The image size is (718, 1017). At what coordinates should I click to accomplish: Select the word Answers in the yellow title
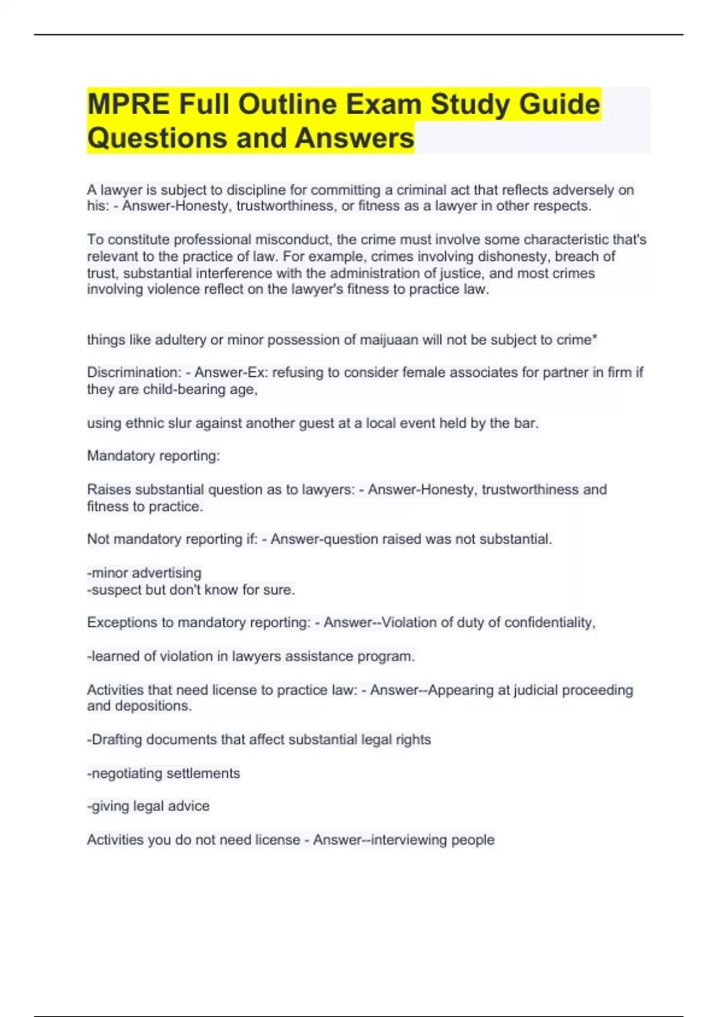coord(354,138)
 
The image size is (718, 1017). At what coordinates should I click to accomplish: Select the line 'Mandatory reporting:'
coord(154,456)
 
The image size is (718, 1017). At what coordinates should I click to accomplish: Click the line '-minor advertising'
coord(144,573)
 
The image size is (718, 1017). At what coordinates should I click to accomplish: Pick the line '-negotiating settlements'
coord(163,774)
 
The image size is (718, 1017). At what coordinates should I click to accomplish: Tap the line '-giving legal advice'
coord(148,806)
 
